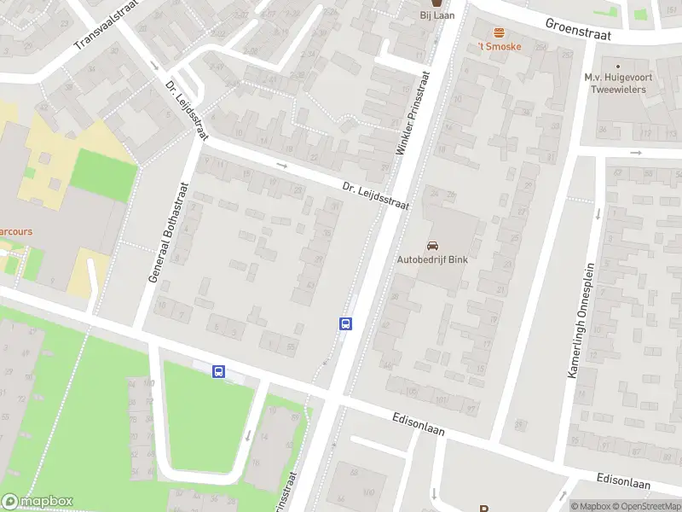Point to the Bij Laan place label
tap(437, 15)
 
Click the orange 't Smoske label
tap(499, 46)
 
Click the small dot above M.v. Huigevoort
tap(617, 65)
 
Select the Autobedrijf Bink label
tap(432, 259)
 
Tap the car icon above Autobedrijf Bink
tap(432, 245)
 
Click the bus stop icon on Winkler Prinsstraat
tap(346, 323)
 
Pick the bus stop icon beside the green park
tap(219, 371)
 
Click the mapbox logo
tap(38, 502)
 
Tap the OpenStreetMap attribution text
tap(644, 506)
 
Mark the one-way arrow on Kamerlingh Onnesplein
tap(598, 213)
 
